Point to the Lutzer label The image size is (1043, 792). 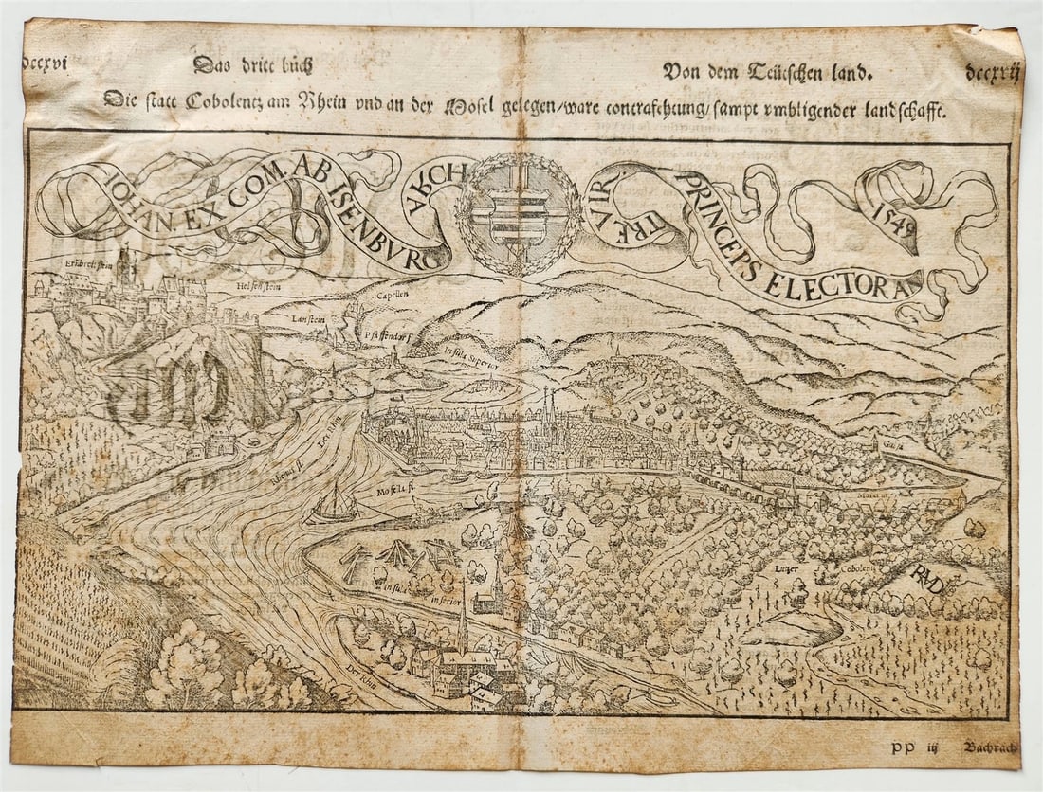[x=788, y=568]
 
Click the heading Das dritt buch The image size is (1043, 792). [x=251, y=66]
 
